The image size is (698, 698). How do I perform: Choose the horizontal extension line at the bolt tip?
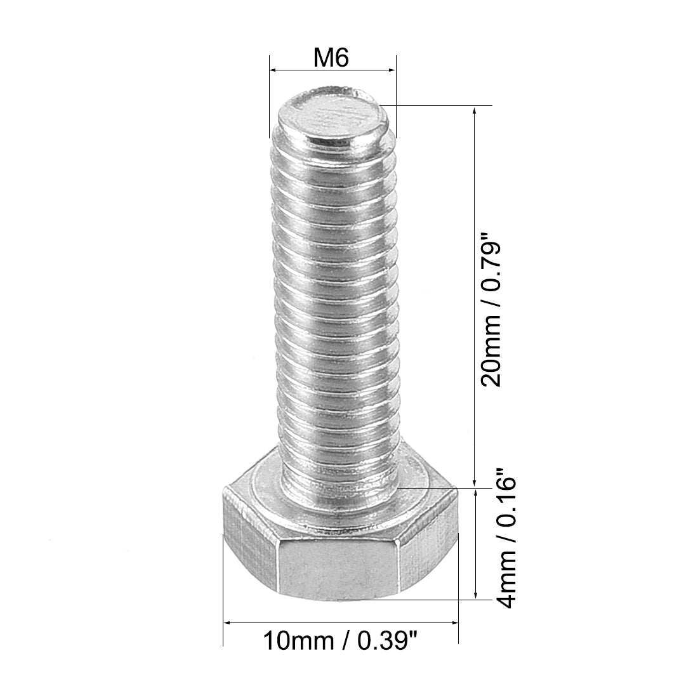tap(438, 105)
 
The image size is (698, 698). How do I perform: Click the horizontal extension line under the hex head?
tap(406, 599)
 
